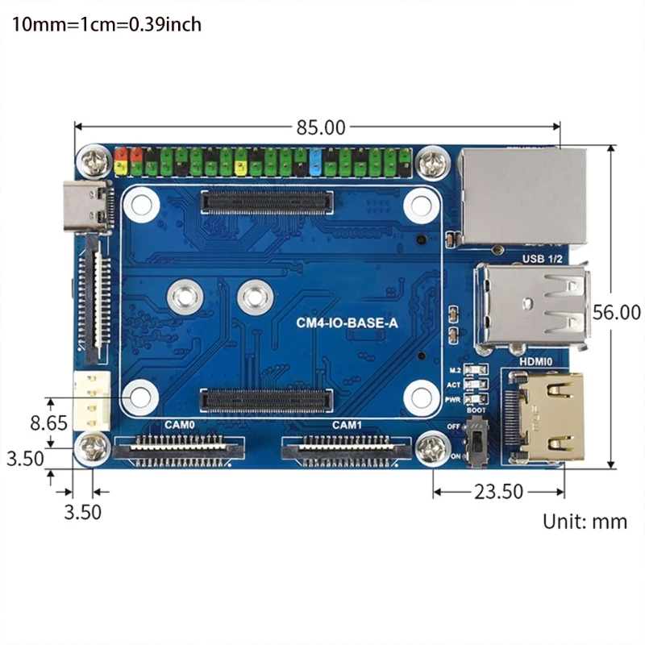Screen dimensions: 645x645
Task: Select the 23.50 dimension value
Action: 497,491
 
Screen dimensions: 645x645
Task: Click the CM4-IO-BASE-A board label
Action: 347,324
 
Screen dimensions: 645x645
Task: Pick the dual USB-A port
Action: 532,308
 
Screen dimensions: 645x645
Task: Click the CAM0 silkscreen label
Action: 179,424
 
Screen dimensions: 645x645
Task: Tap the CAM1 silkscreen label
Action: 347,424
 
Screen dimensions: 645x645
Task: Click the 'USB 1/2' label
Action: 542,257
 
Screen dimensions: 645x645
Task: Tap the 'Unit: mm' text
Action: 585,521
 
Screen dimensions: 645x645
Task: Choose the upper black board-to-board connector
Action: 267,202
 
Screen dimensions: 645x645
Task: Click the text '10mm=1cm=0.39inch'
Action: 106,24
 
